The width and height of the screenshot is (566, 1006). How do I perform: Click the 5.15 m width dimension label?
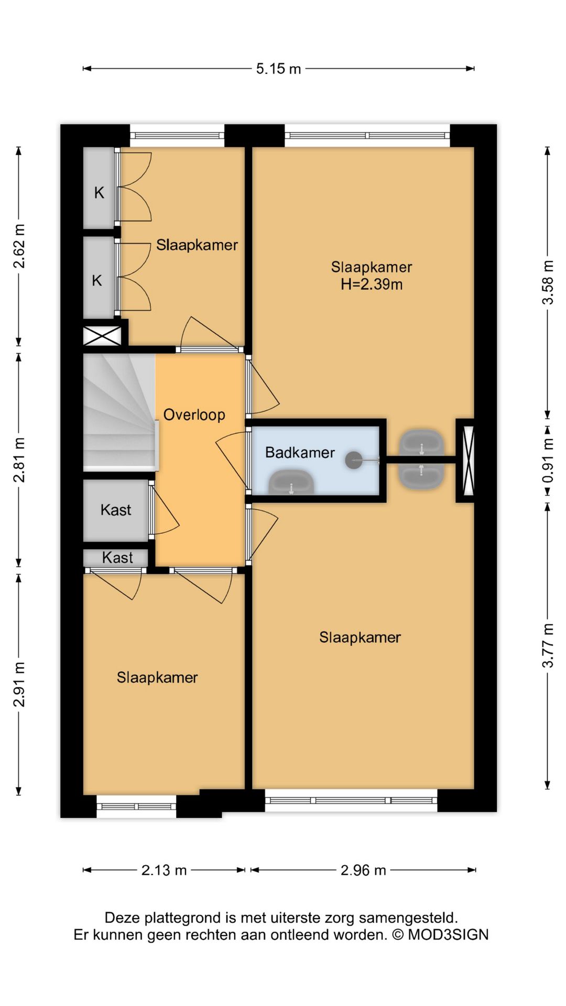point(278,69)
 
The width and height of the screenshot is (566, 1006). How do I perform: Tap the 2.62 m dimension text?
point(19,246)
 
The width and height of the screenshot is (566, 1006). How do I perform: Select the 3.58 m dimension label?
point(548,282)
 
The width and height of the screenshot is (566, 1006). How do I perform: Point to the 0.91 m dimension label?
point(548,461)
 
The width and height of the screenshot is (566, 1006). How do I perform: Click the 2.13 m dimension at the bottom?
point(164,870)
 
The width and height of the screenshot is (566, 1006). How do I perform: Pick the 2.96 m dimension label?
point(363,870)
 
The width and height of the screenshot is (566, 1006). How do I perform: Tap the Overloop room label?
point(194,415)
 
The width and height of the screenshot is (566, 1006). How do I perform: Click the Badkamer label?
point(300,453)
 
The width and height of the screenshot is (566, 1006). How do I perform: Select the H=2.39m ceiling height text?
point(372,285)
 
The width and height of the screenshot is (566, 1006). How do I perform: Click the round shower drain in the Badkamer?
point(354,461)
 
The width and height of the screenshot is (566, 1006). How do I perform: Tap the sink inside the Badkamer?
point(291,483)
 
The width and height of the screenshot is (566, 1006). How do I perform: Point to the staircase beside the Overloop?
point(120,411)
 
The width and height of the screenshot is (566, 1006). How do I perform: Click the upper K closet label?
point(99,193)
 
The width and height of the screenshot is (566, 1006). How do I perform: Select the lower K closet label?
point(97,281)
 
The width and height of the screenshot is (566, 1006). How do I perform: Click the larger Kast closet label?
point(116,510)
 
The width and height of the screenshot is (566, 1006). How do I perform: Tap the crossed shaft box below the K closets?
point(103,336)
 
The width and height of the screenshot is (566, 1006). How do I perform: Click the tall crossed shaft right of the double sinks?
point(469,461)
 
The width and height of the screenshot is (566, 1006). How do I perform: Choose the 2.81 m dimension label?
point(19,460)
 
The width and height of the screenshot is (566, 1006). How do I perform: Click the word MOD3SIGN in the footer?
point(448,935)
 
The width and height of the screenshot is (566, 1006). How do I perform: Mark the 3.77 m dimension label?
point(548,645)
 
